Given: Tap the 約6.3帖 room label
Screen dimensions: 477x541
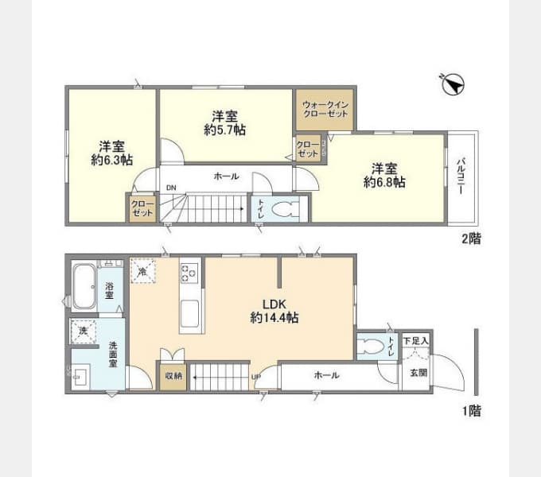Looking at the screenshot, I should [x=111, y=153].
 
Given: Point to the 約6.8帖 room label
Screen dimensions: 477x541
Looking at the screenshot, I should [x=384, y=175].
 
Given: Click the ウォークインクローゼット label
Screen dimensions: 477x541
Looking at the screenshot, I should [x=325, y=108].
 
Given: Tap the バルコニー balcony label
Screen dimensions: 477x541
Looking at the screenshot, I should [x=461, y=180].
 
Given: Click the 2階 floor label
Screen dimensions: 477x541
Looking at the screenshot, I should [x=470, y=238].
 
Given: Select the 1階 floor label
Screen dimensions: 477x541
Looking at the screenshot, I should [x=470, y=411].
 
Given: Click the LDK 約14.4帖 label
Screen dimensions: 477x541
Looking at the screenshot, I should [x=274, y=310].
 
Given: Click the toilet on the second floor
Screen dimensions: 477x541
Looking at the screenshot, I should [x=282, y=209].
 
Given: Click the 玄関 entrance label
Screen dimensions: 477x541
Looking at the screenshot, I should [x=418, y=372].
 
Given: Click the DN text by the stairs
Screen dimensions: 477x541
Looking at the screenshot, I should [x=171, y=188].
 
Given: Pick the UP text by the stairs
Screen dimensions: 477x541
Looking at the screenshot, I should [x=256, y=377].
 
